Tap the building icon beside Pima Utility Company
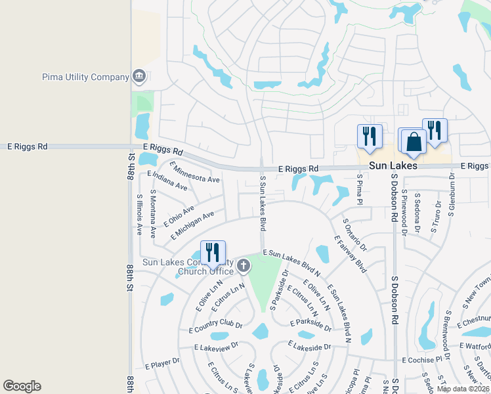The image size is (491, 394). [x=139, y=77]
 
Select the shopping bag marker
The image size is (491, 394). [x=414, y=142]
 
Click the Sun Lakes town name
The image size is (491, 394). [x=393, y=166]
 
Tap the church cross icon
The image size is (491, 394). [x=244, y=266]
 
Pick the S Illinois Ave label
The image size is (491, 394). [x=139, y=214]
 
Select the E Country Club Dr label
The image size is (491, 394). [x=216, y=326]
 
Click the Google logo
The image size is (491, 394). [x=22, y=386]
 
